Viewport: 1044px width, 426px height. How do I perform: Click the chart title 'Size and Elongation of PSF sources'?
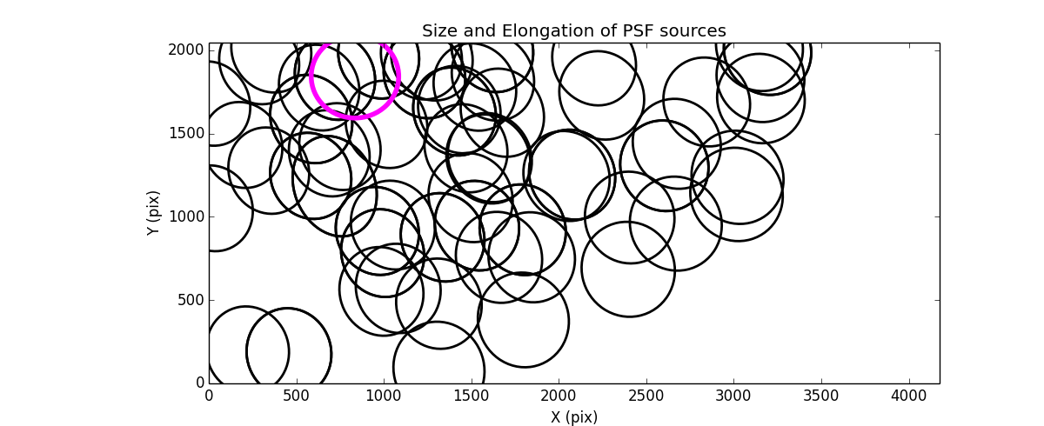[x=573, y=31]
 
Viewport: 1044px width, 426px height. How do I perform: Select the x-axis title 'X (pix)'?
[x=573, y=416]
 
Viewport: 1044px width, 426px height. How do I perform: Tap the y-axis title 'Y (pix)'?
[x=153, y=213]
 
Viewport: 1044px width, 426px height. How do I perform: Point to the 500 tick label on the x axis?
[x=297, y=396]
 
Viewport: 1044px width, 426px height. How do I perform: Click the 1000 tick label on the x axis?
[x=384, y=396]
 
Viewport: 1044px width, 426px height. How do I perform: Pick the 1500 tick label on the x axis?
[x=472, y=396]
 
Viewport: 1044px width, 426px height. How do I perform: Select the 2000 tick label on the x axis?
[x=559, y=396]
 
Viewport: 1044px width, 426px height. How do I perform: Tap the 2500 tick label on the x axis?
[x=646, y=396]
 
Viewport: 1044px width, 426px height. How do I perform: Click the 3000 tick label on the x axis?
[x=733, y=396]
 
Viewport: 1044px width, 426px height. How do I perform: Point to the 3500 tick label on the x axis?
[x=821, y=396]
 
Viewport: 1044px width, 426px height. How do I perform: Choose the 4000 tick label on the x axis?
[x=909, y=396]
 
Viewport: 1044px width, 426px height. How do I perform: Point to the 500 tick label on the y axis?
[x=191, y=300]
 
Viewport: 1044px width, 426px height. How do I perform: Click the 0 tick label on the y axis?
[x=199, y=383]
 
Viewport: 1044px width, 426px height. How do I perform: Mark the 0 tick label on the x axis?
[x=209, y=396]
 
